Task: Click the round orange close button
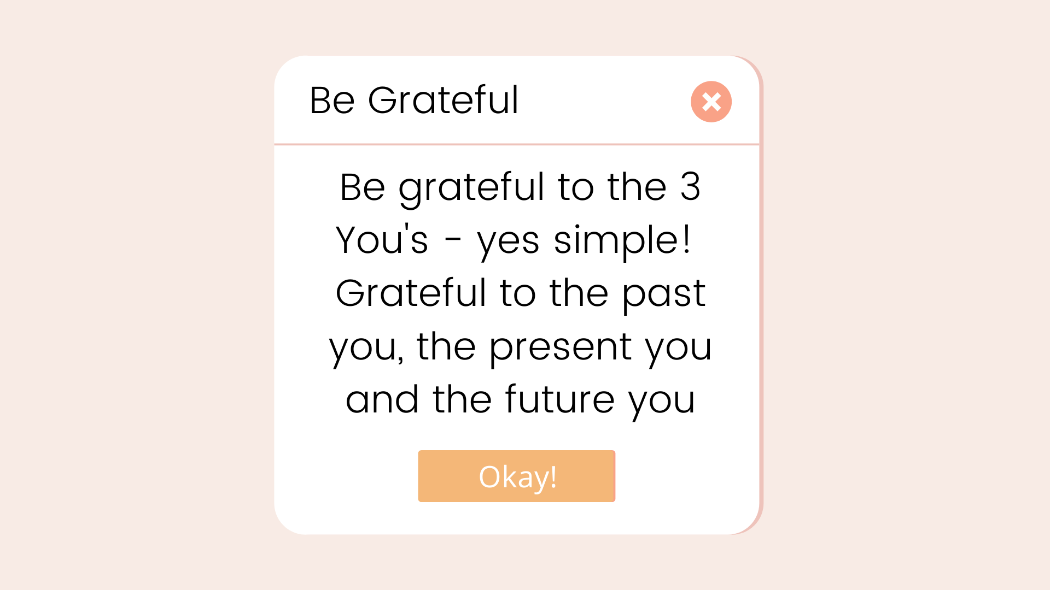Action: [711, 102]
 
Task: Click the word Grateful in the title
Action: [443, 101]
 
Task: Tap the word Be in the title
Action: [332, 101]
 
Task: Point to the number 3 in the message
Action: [690, 187]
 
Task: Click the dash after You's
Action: [453, 241]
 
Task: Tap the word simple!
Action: [621, 240]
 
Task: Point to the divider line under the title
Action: [516, 144]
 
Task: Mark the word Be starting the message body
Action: [363, 187]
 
